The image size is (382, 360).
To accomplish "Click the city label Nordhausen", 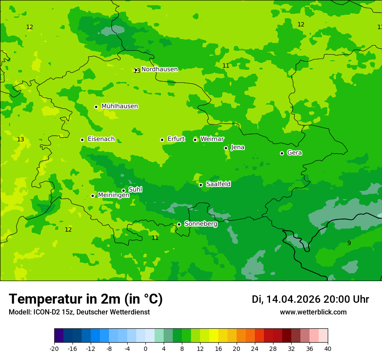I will pyautogui.click(x=159, y=69).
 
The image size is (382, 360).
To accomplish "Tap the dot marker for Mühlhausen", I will pyautogui.click(x=96, y=107).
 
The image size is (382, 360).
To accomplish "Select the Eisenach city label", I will pyautogui.click(x=101, y=139).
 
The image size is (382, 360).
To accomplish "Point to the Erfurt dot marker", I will pyautogui.click(x=162, y=140).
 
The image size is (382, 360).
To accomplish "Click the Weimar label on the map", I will pyautogui.click(x=212, y=139).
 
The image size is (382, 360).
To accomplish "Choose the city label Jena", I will pyautogui.click(x=237, y=147).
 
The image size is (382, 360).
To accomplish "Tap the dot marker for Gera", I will pyautogui.click(x=282, y=153).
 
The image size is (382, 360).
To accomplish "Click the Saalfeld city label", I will pyautogui.click(x=218, y=184).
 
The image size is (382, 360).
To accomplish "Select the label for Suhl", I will pyautogui.click(x=135, y=190).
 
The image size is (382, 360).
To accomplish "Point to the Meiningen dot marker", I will pyautogui.click(x=92, y=196).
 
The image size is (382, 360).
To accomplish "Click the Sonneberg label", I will pyautogui.click(x=201, y=224).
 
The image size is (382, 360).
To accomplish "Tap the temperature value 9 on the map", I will pyautogui.click(x=349, y=243).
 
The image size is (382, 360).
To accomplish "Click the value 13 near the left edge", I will pyautogui.click(x=20, y=139).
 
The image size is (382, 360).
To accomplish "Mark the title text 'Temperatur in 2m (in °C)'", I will pyautogui.click(x=86, y=299).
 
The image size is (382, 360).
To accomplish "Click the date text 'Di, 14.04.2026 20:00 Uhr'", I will pyautogui.click(x=310, y=299).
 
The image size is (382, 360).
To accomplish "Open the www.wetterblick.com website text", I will pyautogui.click(x=313, y=312).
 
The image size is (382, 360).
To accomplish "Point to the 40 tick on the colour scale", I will pyautogui.click(x=328, y=349).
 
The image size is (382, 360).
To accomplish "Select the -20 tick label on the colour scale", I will pyautogui.click(x=54, y=349).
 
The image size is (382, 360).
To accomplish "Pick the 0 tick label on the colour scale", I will pyautogui.click(x=145, y=349).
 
